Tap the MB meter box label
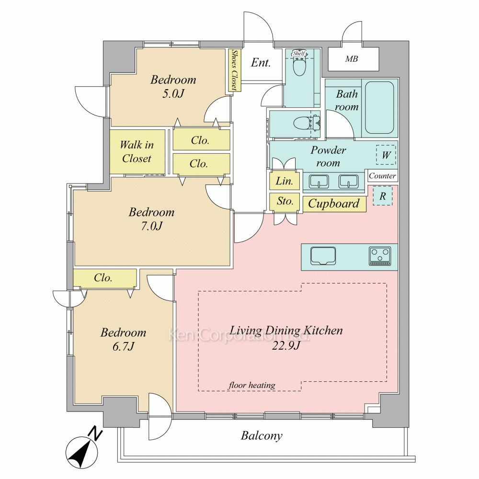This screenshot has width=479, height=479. click(x=351, y=58)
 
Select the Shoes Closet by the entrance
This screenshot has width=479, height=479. click(x=235, y=70)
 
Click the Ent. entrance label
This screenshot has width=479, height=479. click(x=261, y=63)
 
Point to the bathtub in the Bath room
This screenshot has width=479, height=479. click(x=379, y=107)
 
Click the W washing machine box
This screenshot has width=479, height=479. click(x=386, y=155)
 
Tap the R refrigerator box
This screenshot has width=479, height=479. click(x=382, y=196)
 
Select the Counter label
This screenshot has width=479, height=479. click(x=382, y=176)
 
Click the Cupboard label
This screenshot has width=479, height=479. click(x=333, y=204)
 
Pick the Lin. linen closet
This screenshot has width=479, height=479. click(x=285, y=181)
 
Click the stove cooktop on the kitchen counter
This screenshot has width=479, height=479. click(x=380, y=256)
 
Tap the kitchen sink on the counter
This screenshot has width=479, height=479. click(x=323, y=256)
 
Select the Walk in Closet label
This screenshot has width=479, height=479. click(x=137, y=151)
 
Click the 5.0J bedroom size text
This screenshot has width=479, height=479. click(x=173, y=93)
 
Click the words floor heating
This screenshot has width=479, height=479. click(x=252, y=385)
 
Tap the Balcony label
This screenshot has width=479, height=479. click(x=262, y=435)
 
